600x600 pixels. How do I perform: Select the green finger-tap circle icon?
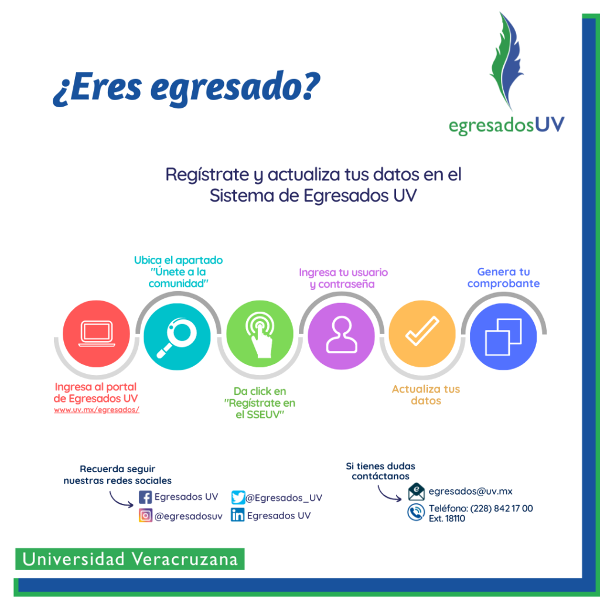point(260,334)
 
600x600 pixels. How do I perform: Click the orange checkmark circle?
point(422,335)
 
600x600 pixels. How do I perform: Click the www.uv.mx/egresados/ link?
point(97,410)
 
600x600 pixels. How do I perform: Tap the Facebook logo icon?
point(145,497)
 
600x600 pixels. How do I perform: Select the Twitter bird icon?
point(238,497)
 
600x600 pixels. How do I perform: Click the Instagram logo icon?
point(145,516)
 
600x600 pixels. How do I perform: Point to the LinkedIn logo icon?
point(237,516)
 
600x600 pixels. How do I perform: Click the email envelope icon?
point(416,492)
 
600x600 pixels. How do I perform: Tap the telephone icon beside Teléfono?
point(416,513)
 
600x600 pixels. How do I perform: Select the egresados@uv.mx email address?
point(471,492)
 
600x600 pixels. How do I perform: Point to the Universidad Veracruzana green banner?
point(130,559)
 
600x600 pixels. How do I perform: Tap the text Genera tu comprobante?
point(503,278)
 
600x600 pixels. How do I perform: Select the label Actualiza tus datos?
point(426,395)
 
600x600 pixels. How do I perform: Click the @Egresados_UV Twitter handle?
point(284,498)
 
